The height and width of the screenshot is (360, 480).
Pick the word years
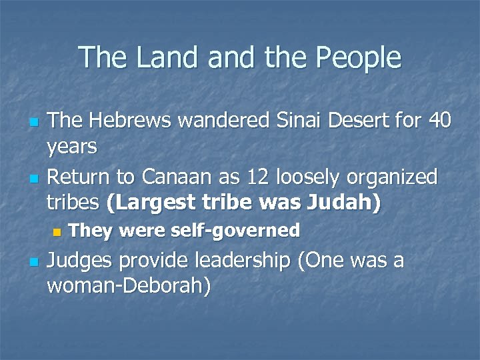73,146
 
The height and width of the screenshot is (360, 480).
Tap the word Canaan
174,177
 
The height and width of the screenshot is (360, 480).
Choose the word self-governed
235,231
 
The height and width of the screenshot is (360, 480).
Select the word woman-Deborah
129,286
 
